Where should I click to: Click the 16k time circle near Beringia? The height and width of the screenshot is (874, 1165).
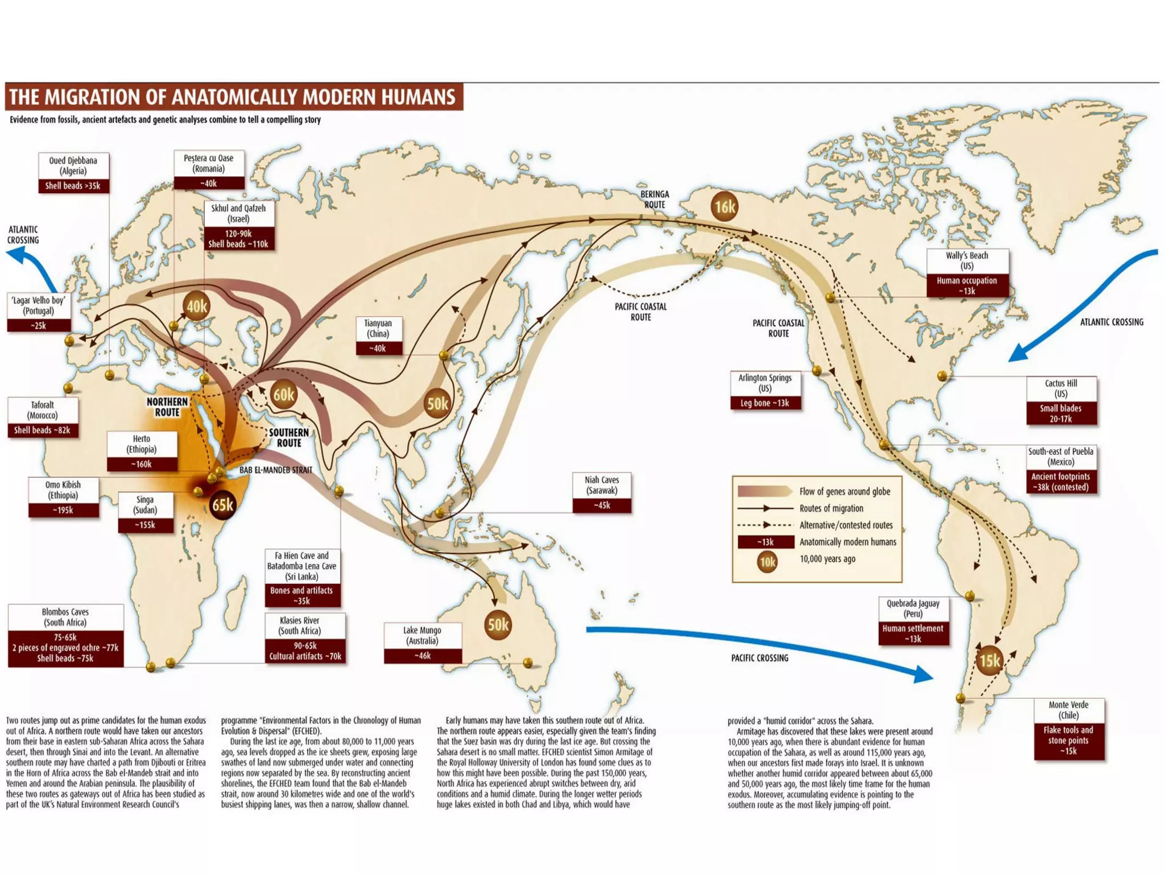point(725,207)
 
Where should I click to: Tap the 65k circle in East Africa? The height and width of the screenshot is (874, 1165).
point(222,504)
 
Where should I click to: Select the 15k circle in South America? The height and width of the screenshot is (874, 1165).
point(989,660)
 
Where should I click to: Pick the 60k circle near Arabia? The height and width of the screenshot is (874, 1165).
point(283,395)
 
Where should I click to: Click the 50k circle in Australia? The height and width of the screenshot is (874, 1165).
point(498,624)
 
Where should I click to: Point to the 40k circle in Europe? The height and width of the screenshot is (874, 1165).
point(197,306)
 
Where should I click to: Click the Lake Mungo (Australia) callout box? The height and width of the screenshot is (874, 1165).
point(422,643)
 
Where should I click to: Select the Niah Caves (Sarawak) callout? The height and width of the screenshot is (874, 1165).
point(602,492)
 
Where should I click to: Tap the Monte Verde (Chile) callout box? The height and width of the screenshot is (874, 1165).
point(1068,728)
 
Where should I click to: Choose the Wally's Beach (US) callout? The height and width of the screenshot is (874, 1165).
point(967,272)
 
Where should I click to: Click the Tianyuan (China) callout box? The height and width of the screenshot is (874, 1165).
point(378,335)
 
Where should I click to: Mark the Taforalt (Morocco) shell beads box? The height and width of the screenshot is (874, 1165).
point(43,417)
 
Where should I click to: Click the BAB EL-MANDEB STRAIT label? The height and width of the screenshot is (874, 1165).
point(275,470)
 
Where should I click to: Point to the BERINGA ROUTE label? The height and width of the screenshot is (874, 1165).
point(654,199)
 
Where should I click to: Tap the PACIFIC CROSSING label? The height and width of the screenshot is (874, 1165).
point(759,658)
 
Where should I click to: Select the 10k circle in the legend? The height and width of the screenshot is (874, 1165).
point(767,562)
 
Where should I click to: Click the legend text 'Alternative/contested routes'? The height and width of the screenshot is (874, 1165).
point(845,525)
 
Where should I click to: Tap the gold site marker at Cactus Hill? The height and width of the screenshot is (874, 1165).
point(941,375)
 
